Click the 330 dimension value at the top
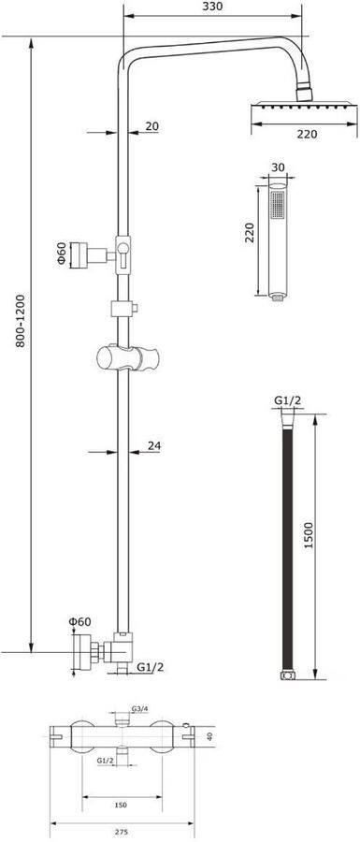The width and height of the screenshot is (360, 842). [x=212, y=7]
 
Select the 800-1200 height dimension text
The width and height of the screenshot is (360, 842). [x=21, y=320]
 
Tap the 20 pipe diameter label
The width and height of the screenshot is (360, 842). [x=151, y=126]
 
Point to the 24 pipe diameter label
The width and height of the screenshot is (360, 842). [x=154, y=445]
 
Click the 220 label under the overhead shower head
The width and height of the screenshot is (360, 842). [x=307, y=134]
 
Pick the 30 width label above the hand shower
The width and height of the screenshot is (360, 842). [x=278, y=167]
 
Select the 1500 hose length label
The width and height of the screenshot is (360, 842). [x=308, y=535]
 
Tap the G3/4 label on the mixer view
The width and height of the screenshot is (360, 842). [x=139, y=709]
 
